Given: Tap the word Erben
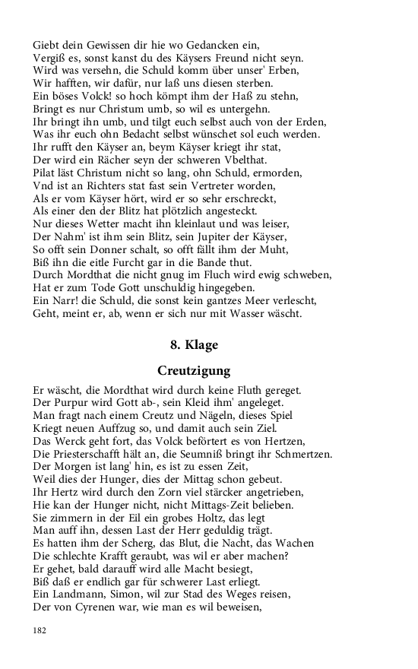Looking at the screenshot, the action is [x=284, y=70].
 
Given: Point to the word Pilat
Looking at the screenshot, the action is [x=46, y=173].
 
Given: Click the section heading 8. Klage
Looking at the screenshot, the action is [x=194, y=345].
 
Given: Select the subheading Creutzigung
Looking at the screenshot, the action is [x=194, y=371].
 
